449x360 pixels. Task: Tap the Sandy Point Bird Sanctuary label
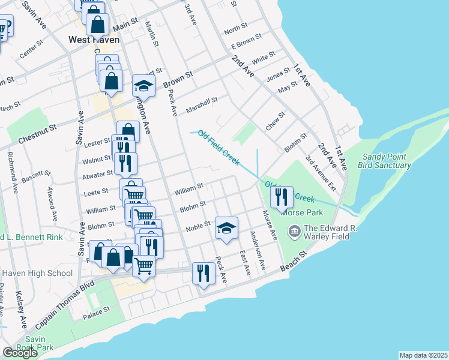point(385,161)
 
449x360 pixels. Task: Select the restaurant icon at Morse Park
point(282,196)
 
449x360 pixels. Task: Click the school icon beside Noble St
point(226,229)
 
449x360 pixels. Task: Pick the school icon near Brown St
point(143,85)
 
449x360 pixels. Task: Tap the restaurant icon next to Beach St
point(203,273)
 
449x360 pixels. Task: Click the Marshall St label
point(202,104)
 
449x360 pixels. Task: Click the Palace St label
point(97,311)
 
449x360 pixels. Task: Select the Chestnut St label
point(37,127)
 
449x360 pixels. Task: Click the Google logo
point(20,352)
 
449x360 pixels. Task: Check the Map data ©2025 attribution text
point(423,355)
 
